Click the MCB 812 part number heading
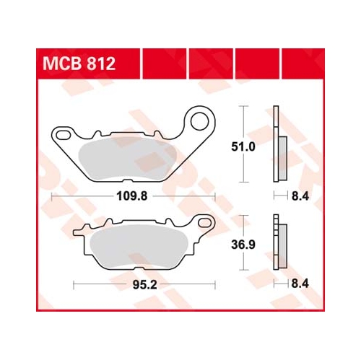pos(79,63)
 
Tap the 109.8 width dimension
pos(132,196)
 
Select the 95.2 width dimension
pos(144,285)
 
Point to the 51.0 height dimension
pos(243,146)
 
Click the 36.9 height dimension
pos(243,245)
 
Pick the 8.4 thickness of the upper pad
pos(300,196)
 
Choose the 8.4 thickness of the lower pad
pos(300,284)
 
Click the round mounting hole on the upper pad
pos(199,121)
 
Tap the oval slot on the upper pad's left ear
pos(64,135)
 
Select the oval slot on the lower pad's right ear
pos(204,223)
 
